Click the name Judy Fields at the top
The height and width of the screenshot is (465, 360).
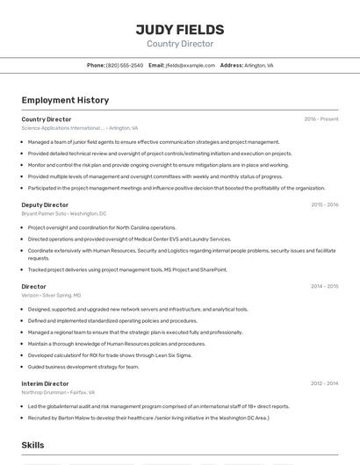coord(179,30)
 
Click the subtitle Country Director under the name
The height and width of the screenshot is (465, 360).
coord(179,44)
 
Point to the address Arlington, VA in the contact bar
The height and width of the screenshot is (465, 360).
coord(259,65)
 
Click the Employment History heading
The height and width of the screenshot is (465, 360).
coord(65,100)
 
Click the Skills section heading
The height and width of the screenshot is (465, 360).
coord(32,445)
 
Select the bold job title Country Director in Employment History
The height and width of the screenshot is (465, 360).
coord(47,119)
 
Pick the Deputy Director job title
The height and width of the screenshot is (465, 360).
coord(45,204)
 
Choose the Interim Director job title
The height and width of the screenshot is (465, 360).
coord(45,383)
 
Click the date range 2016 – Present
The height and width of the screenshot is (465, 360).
coord(321,119)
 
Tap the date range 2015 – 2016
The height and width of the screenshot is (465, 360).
coord(324,204)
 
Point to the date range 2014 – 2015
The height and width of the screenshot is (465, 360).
coord(324,287)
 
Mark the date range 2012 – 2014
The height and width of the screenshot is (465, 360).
coord(324,383)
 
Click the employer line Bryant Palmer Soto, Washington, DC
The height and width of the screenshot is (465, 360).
coord(64,213)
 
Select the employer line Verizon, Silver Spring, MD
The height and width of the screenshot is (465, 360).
coord(51,296)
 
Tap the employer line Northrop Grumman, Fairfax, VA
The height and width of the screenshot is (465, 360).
coord(58,392)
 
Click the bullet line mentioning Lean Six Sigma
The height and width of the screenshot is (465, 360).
coord(108,355)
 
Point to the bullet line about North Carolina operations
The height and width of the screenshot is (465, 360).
coord(102,227)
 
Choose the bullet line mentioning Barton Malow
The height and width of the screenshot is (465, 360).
coord(148,418)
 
